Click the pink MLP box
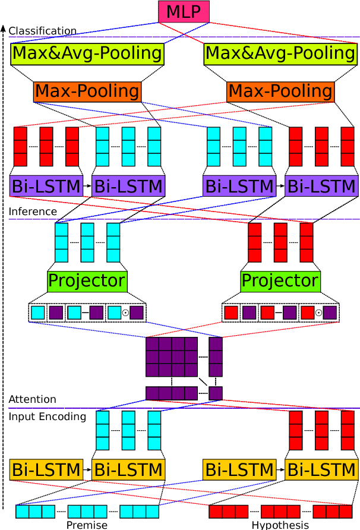coord(184,11)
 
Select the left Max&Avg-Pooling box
coord(87,53)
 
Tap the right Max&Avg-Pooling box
coord(280,53)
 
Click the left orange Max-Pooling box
coord(87,92)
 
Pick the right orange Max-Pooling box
coord(280,92)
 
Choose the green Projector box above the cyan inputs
coord(87,280)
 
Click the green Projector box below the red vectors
coord(280,280)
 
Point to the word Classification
coord(42,31)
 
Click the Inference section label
coord(33,212)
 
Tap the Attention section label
coord(32,399)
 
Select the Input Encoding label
coord(47,417)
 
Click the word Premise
coord(87,525)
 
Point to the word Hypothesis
coord(280,525)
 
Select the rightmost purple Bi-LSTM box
coord(321,186)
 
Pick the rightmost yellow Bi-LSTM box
coord(321,469)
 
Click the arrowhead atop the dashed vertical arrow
coord(4,27)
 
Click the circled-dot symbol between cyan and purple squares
coord(125,313)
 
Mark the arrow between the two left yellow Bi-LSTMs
coord(87,469)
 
